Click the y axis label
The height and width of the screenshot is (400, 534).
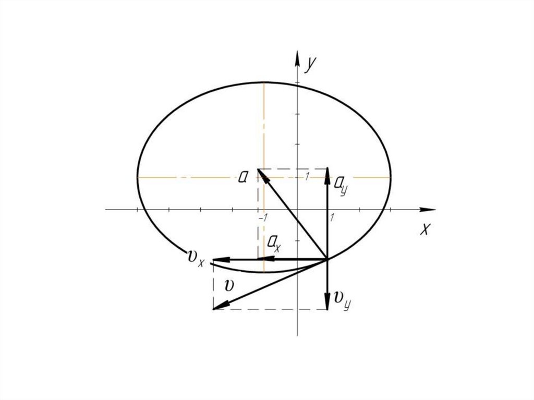coord(310,65)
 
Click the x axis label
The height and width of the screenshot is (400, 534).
coord(425,229)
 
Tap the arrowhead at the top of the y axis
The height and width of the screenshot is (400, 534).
coord(297,58)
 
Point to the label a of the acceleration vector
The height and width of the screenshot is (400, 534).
coord(243,177)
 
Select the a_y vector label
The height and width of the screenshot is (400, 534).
coord(341,185)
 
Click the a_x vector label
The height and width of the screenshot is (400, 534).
coord(274,243)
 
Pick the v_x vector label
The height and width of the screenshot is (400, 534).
coord(196,258)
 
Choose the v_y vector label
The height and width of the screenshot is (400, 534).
coord(342,299)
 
